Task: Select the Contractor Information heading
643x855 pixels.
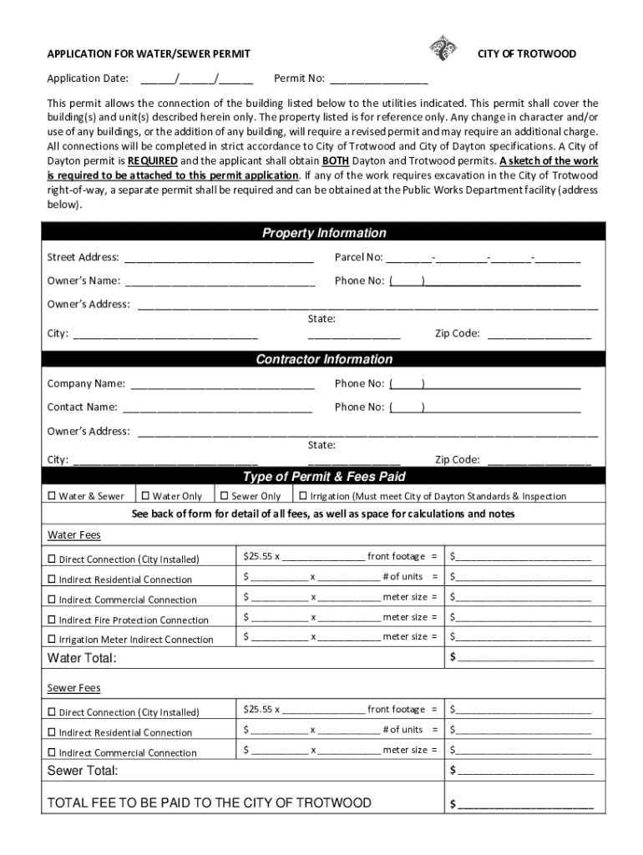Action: [x=324, y=359]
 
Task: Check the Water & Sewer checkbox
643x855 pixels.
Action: [x=52, y=496]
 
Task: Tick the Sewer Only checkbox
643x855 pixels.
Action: [x=224, y=496]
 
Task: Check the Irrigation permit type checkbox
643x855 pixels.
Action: [x=303, y=496]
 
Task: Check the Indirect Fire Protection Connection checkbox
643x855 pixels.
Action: [x=52, y=620]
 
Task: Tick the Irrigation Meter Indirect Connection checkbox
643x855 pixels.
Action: [x=52, y=640]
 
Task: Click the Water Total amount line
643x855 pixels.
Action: [x=525, y=658]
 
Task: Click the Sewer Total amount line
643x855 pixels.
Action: [x=525, y=770]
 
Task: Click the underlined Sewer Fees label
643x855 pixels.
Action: [x=73, y=688]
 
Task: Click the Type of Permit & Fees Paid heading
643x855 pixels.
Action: [x=324, y=477]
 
